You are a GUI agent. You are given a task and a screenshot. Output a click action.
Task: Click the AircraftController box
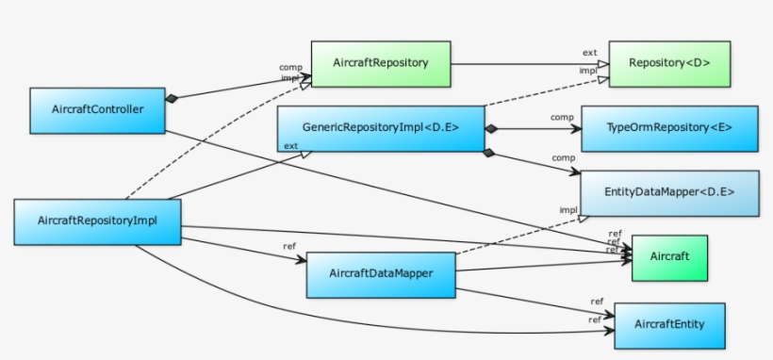coord(98,110)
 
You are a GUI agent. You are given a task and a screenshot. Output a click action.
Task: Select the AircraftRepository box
coord(381,63)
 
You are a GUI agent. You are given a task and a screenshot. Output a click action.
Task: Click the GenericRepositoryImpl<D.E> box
coord(381,127)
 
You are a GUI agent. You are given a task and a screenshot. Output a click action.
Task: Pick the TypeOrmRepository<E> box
coord(669,128)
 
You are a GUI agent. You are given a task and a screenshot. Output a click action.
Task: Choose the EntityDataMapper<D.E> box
coord(669,192)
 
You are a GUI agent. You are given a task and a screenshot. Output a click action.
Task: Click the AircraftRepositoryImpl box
coord(97,221)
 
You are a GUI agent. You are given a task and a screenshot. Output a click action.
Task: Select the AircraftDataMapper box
coord(381,274)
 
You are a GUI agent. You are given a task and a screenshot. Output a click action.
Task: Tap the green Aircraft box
coord(669,256)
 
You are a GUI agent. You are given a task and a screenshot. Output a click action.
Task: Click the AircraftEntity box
coord(669,325)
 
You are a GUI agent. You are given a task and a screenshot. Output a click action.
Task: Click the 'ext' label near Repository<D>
coord(589,53)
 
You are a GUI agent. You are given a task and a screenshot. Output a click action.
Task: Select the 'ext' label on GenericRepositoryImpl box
coord(290,146)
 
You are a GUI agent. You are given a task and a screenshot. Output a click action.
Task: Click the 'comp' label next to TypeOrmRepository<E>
coord(563,117)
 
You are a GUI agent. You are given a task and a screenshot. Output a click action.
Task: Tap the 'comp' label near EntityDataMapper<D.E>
coord(563,157)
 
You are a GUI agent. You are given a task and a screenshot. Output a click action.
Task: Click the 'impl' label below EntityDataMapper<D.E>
coord(567,209)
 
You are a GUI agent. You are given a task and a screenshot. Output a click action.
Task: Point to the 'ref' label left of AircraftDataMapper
coord(289,247)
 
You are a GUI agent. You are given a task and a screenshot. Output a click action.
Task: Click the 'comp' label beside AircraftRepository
coord(289,67)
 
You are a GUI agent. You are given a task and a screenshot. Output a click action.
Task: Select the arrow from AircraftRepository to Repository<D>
coord(528,64)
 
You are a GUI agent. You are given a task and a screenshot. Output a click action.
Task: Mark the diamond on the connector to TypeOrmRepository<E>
coord(490,127)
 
